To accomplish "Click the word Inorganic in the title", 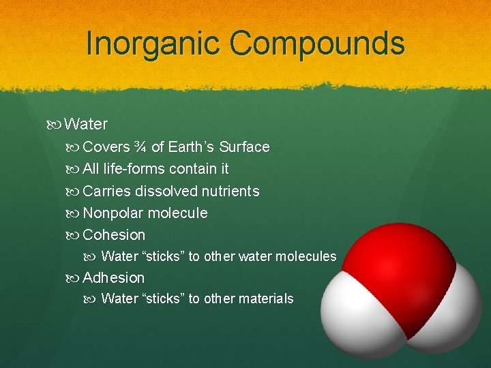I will tap(153, 43).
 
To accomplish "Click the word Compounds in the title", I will tap(317, 44).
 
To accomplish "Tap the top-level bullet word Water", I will tap(86, 124).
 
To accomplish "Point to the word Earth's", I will tap(191, 147).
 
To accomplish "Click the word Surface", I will tap(244, 147).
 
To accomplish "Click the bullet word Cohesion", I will tap(114, 234).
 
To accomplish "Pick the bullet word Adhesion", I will tap(113, 277).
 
